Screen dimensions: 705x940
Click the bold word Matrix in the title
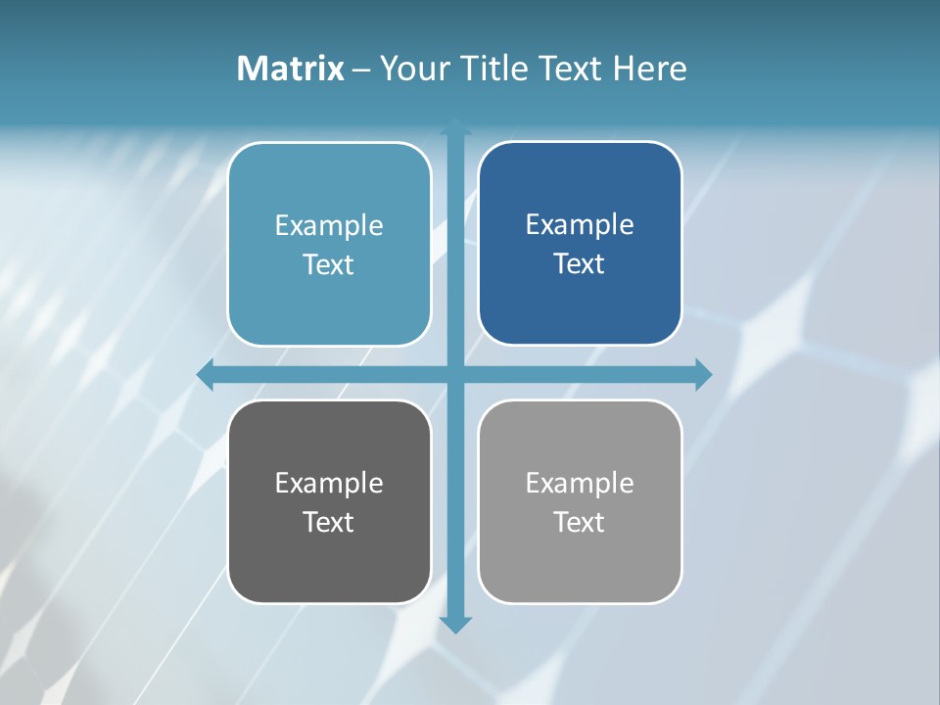291,69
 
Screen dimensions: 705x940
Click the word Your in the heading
411,69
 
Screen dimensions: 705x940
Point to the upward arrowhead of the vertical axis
455,126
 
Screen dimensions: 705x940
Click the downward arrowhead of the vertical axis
455,625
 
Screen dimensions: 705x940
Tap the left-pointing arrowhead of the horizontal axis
205,374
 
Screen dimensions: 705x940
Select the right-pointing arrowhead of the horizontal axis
704,374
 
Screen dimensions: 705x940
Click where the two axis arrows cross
455,374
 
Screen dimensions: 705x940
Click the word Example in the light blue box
329,226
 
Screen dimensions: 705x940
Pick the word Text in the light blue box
329,265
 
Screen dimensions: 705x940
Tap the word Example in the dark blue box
580,225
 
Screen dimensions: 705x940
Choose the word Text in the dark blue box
580,264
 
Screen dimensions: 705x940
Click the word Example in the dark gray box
329,483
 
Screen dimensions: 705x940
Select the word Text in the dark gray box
329,522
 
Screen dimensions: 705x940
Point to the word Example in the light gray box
580,483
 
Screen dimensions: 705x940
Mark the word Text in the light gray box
580,522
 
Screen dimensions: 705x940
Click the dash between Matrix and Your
361,70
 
